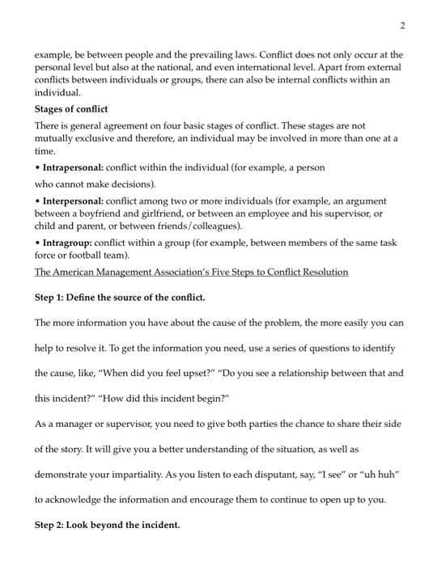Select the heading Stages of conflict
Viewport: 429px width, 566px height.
point(71,109)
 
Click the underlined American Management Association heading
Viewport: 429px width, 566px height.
point(191,272)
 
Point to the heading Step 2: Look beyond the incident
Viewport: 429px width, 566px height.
point(107,526)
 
